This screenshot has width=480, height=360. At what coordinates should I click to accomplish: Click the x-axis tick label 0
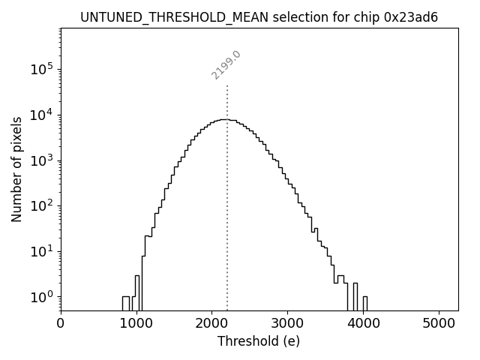coord(61,323)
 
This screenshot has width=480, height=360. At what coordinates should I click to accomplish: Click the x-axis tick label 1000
coord(136,323)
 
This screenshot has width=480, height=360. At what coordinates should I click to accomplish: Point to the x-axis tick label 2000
coord(212,323)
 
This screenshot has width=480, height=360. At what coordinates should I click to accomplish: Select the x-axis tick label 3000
coord(288,323)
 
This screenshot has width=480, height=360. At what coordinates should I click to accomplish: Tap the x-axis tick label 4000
coord(364,323)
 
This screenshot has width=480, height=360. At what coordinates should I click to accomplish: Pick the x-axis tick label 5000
coord(439,323)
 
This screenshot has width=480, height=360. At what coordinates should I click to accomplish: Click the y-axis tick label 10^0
coord(41,297)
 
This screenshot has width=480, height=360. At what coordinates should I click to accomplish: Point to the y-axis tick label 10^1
coord(41,251)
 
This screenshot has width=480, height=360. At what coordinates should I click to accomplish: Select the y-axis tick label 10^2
coord(41,205)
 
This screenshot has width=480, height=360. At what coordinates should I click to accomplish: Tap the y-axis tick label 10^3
coord(41,160)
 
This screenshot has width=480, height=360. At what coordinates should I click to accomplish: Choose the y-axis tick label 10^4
coord(41,115)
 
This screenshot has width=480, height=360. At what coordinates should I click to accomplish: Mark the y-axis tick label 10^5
coord(41,69)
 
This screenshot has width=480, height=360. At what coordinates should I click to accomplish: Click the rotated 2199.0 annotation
coord(226,65)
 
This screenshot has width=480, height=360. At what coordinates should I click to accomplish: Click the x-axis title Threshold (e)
coord(259,341)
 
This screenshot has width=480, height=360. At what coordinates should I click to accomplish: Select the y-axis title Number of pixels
coord(16,169)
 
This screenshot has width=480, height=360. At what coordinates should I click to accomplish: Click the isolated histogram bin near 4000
coord(364,303)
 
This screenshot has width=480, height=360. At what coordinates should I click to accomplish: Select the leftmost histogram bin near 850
coord(126,303)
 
